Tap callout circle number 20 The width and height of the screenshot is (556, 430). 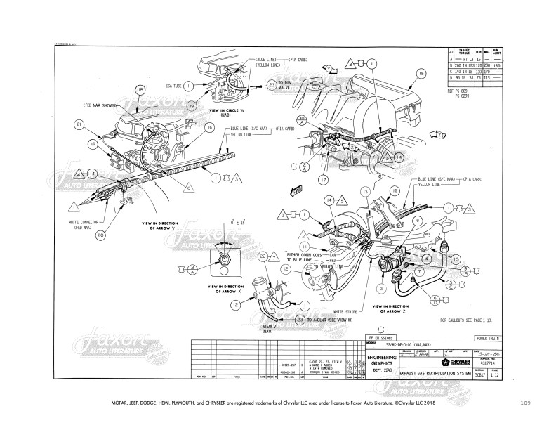[101, 235]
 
